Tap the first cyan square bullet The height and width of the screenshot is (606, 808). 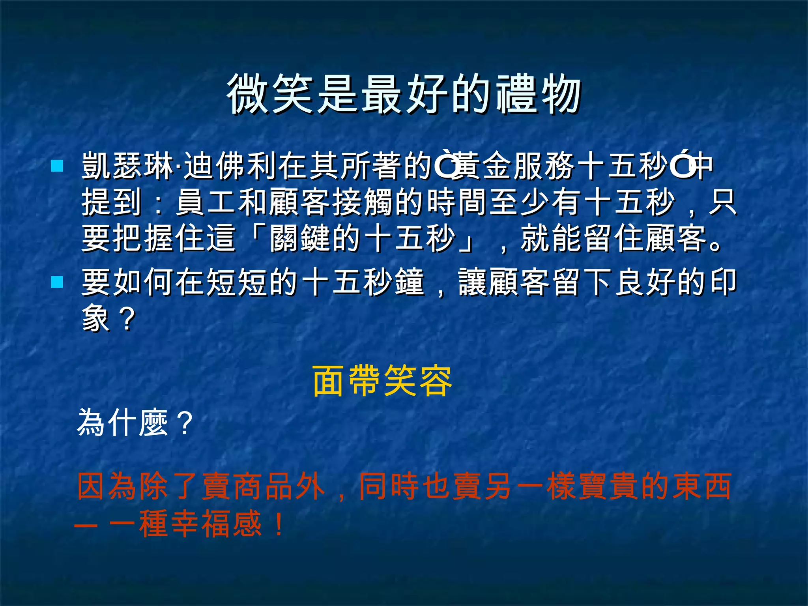(57, 166)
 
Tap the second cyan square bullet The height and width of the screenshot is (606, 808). (57, 282)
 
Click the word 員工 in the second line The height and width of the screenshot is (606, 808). (206, 202)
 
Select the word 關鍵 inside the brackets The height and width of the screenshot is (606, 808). (300, 238)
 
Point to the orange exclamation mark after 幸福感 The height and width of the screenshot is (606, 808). (279, 524)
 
